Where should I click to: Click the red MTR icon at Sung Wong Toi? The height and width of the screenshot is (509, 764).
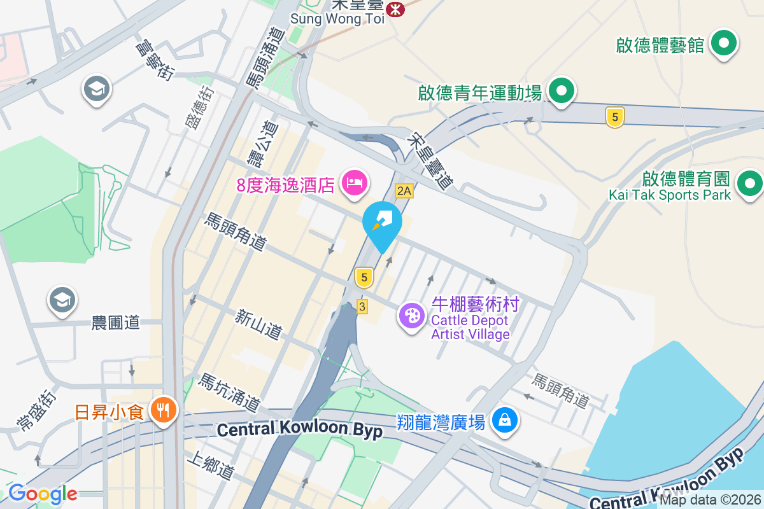point(395,9)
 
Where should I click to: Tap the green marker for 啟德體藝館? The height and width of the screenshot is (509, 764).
point(723,44)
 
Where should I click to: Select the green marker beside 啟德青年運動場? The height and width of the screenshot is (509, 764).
point(561,91)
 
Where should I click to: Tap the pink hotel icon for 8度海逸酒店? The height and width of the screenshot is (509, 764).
point(354,183)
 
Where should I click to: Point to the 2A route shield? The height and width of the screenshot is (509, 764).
point(404,190)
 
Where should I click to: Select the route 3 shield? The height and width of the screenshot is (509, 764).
point(362,307)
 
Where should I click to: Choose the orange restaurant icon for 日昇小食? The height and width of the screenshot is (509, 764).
point(164,410)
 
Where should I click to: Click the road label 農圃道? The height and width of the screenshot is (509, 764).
point(115,323)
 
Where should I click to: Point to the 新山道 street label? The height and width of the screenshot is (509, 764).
point(258,324)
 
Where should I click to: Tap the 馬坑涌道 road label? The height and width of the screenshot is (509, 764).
point(229,392)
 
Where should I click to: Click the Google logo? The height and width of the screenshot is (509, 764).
point(43,494)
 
